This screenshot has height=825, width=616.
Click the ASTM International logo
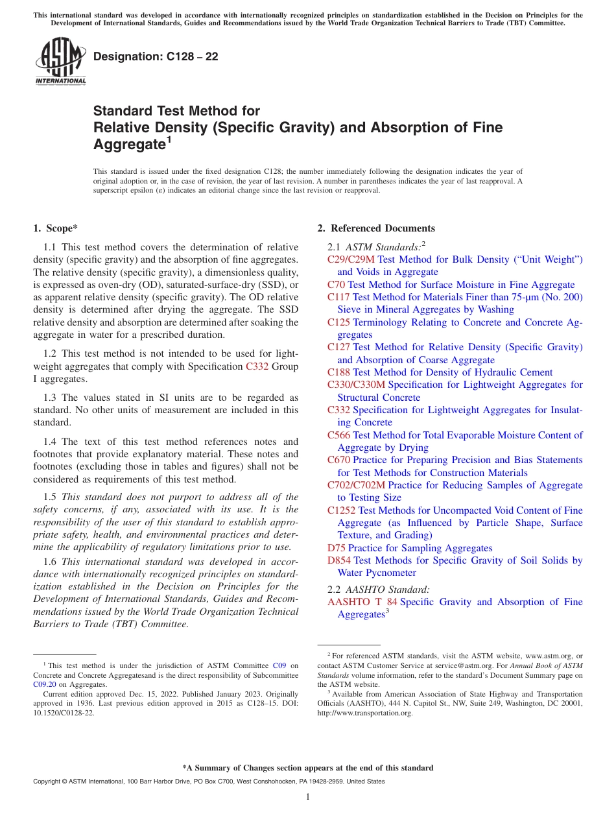click(x=60, y=61)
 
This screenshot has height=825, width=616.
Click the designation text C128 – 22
click(x=156, y=57)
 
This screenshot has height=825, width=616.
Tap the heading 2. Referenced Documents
click(x=375, y=228)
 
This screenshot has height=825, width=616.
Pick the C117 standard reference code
click(x=338, y=297)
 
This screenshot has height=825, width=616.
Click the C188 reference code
click(x=338, y=372)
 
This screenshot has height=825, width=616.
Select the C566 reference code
click(x=338, y=435)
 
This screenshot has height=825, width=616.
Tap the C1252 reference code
click(x=341, y=510)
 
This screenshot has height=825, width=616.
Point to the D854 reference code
click(x=338, y=560)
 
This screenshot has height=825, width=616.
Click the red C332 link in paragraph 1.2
click(x=257, y=366)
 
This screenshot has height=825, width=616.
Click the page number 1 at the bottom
click(x=308, y=797)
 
